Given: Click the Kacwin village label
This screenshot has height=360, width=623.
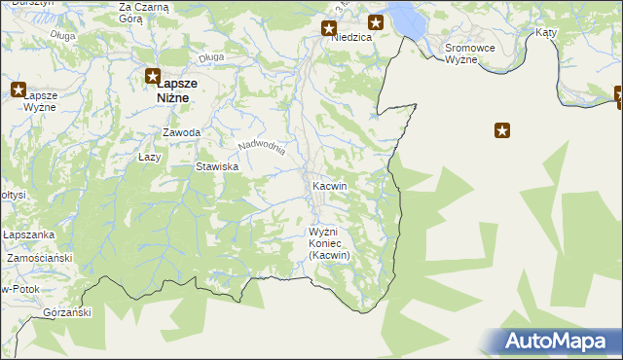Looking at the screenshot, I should (331, 185).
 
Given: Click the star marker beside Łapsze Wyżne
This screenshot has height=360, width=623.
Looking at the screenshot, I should (18, 90).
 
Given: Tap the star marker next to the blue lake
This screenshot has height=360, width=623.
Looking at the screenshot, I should (375, 22).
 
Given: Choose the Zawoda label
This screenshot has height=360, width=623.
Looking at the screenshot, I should (182, 132).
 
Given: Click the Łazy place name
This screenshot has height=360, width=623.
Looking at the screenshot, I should (149, 156).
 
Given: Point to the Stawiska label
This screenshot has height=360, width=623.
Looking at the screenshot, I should (218, 166).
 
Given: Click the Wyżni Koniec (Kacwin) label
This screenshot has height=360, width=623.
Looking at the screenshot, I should (328, 243).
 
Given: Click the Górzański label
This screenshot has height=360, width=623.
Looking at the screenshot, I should (67, 312).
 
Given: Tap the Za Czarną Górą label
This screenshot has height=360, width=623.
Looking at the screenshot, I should (143, 13).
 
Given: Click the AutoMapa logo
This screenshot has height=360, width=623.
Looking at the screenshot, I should (557, 342).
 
